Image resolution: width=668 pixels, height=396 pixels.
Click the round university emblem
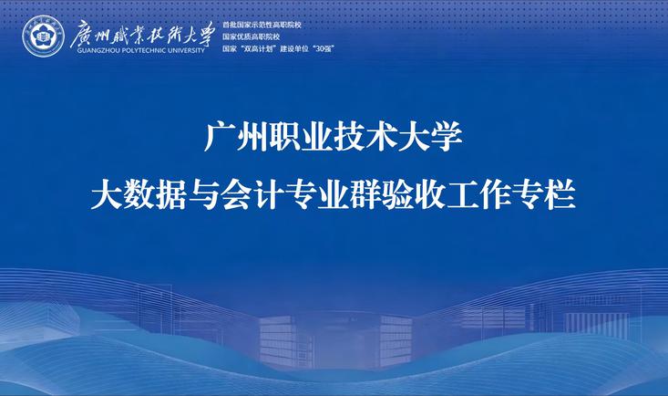(43, 36)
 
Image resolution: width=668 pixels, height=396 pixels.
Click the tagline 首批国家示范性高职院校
(262, 25)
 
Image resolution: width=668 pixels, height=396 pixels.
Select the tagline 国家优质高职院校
(251, 36)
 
